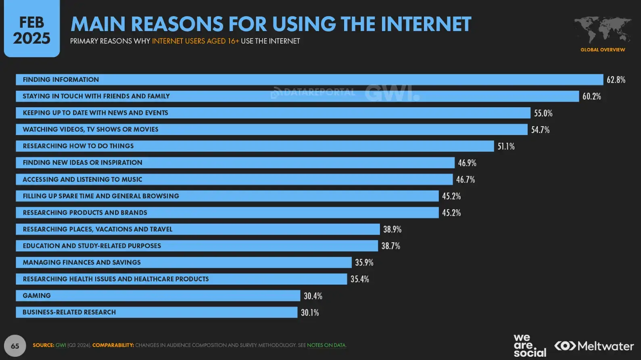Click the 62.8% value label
[x=616, y=80]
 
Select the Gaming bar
[x=158, y=295]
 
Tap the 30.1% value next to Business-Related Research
[x=310, y=312]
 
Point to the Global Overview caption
[x=603, y=50]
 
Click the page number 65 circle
[x=15, y=346]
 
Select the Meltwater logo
[x=594, y=346]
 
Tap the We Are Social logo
[x=529, y=346]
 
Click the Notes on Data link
[x=326, y=345]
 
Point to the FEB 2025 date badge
[x=32, y=30]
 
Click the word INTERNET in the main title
[x=426, y=24]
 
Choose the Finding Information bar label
[x=61, y=79]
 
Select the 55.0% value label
[x=543, y=113]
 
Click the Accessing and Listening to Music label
[x=82, y=179]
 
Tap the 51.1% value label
[x=506, y=146]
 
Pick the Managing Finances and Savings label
[x=81, y=262]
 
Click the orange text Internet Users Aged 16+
[x=195, y=41]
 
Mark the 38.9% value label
[x=392, y=229]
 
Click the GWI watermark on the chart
[x=392, y=94]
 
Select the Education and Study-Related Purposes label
[x=92, y=246]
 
